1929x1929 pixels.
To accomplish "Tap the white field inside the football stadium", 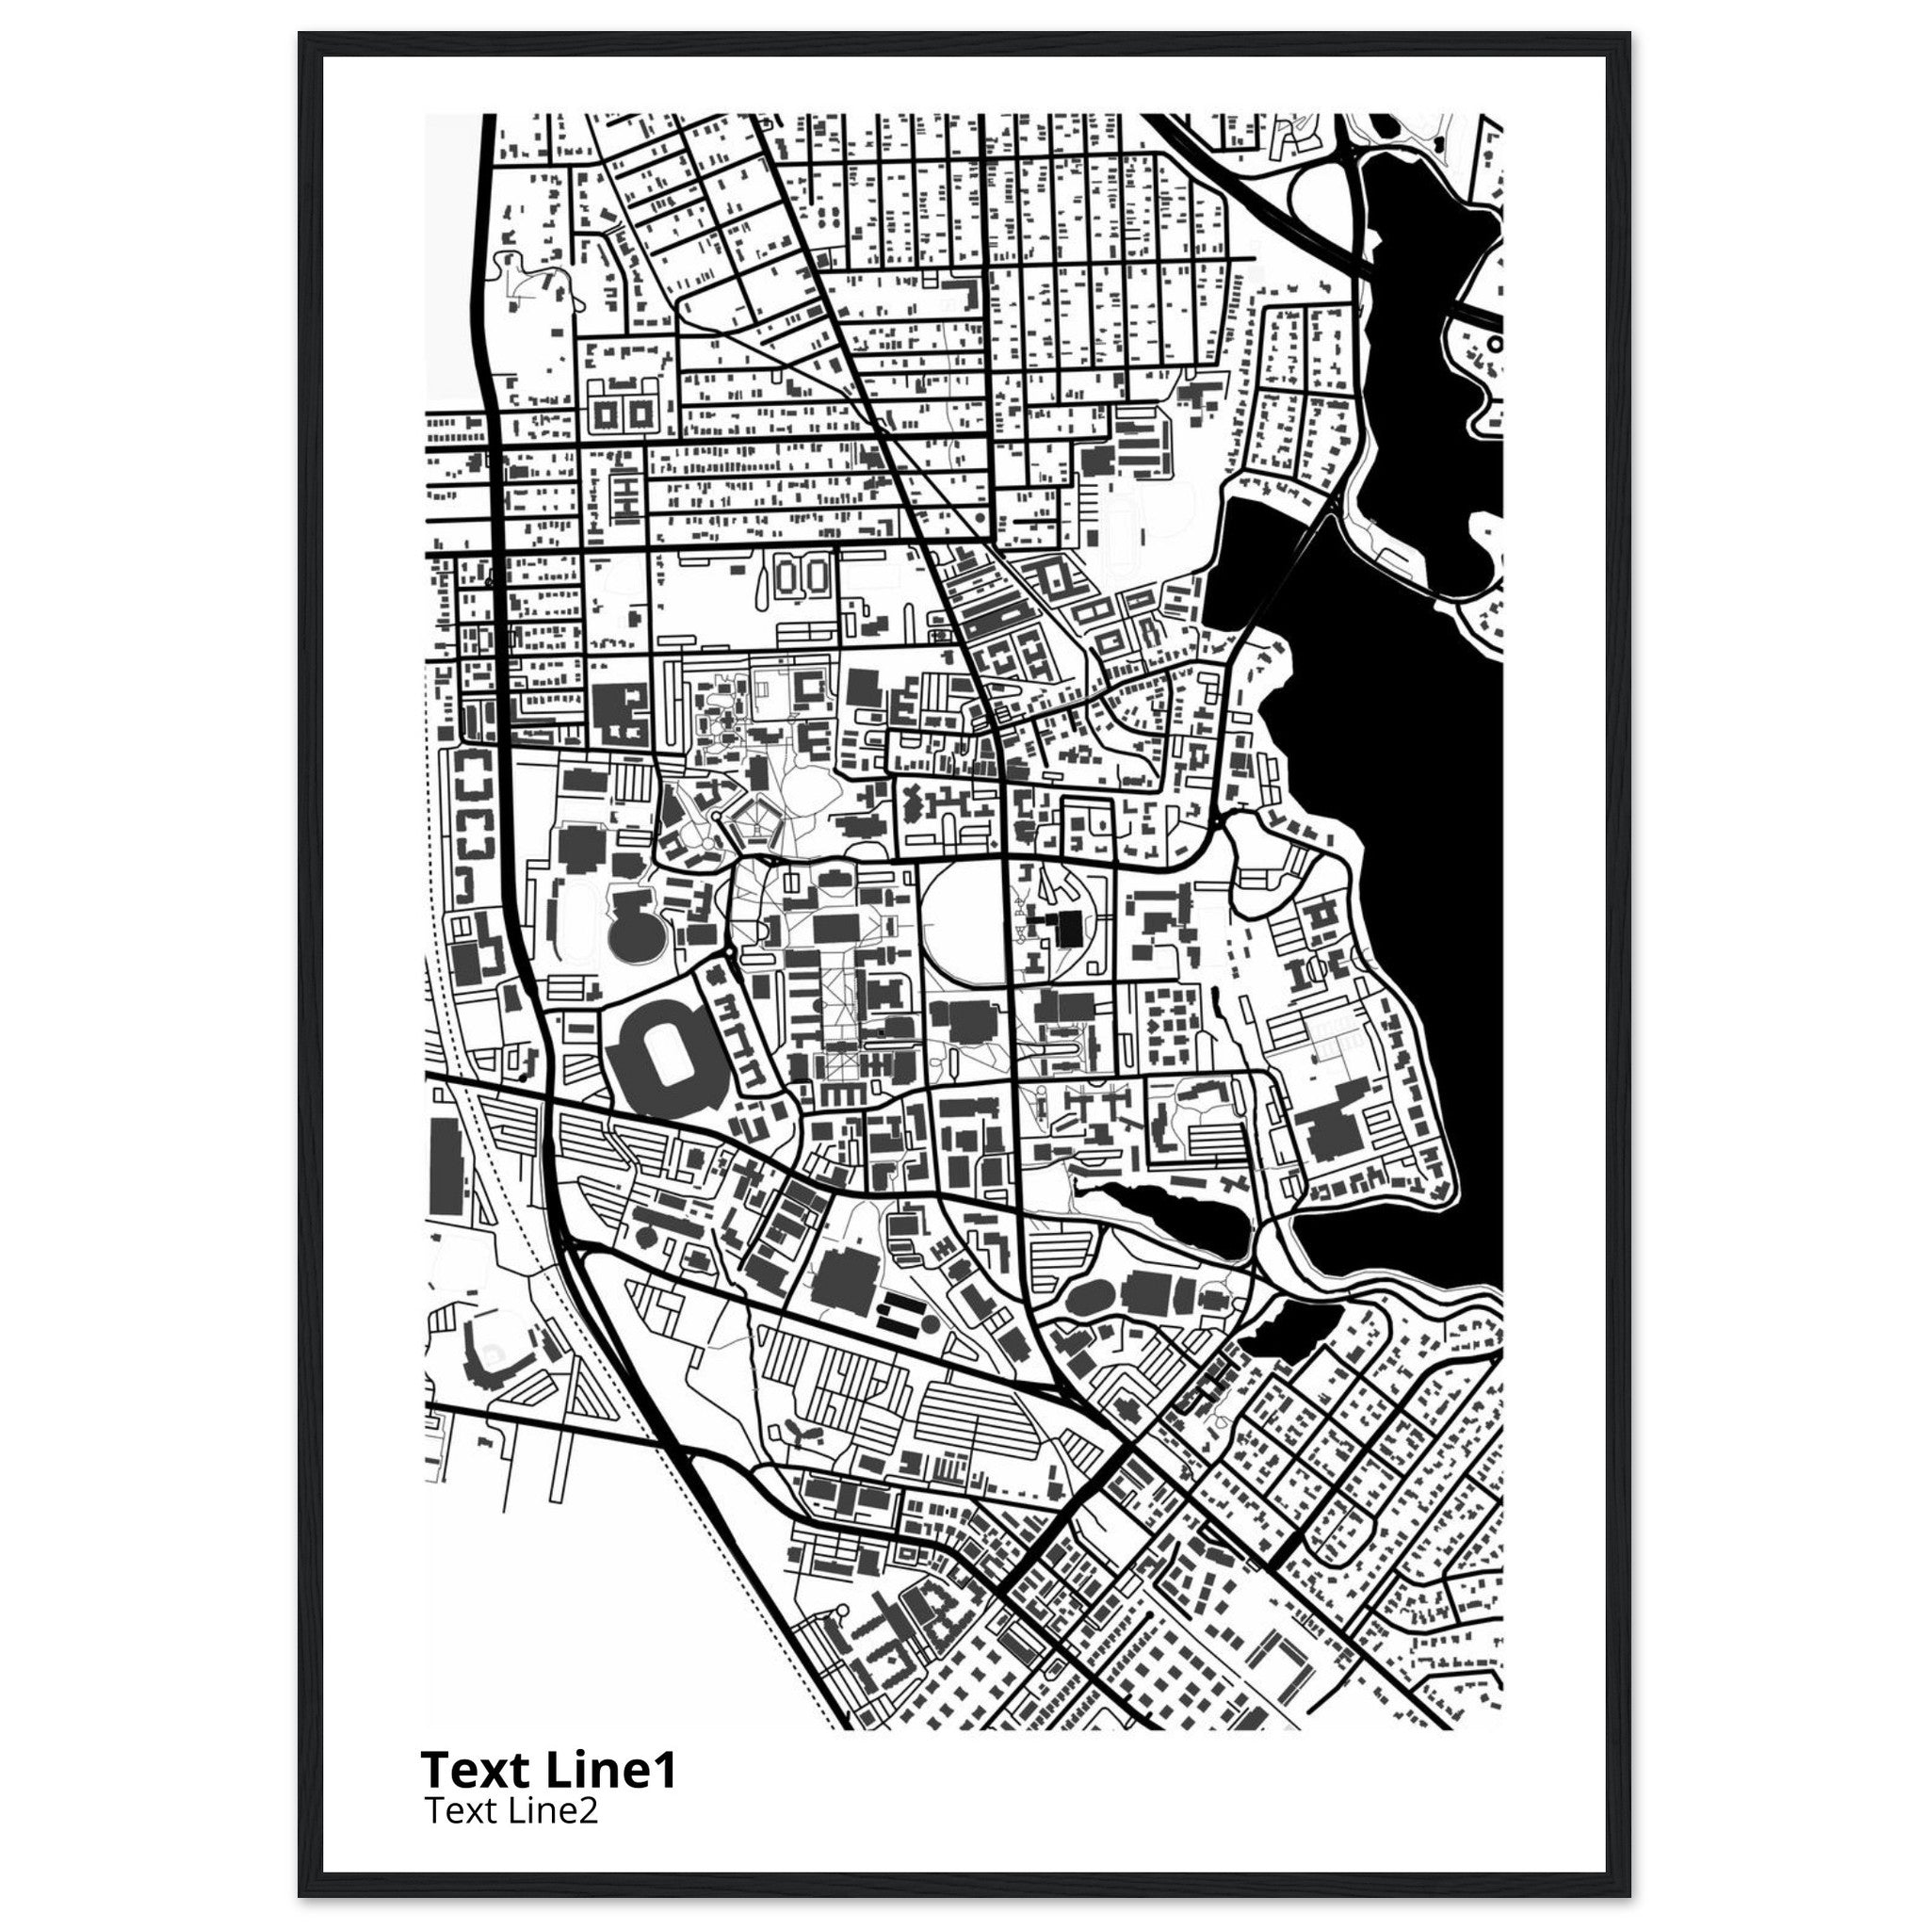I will click(660, 1051).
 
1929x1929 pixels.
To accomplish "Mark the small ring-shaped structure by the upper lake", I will click(1494, 343).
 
